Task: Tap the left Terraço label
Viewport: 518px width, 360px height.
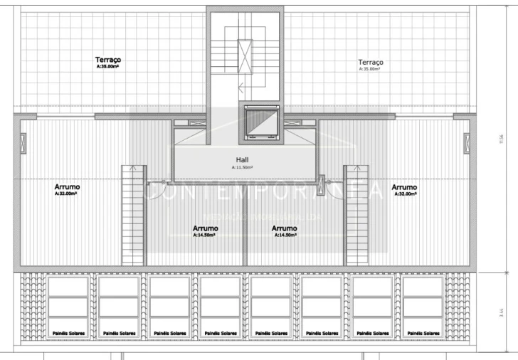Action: [109, 60]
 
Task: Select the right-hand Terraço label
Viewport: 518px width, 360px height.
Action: [371, 63]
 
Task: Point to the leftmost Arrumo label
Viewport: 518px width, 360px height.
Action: [67, 187]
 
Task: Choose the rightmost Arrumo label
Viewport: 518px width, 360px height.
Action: [404, 187]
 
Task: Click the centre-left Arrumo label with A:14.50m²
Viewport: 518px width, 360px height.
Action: [206, 228]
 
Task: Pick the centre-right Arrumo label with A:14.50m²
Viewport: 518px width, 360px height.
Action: [285, 228]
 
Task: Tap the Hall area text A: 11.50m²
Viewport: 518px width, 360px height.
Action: [243, 167]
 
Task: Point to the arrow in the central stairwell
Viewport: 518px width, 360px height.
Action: [243, 90]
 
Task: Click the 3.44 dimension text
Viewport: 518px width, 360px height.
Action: [502, 311]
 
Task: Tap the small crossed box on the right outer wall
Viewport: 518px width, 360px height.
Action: [467, 143]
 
